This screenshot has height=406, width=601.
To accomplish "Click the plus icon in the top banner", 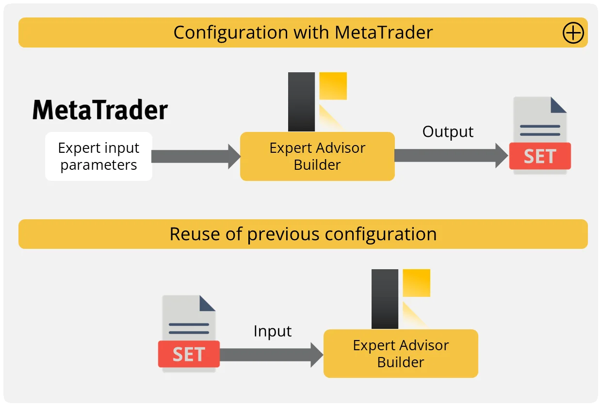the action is [x=573, y=32].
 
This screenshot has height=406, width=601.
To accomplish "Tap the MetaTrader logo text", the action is [x=100, y=110].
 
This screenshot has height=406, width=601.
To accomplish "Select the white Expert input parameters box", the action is [x=99, y=156].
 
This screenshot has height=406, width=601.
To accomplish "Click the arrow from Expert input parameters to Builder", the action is [x=196, y=157].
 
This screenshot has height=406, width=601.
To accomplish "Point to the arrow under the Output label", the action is [x=451, y=156].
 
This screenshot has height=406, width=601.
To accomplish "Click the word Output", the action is [x=448, y=132].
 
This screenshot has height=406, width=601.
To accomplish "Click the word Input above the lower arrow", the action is [x=272, y=331].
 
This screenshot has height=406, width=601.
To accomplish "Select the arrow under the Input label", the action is [x=272, y=355].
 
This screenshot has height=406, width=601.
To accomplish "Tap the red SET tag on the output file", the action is [x=540, y=156].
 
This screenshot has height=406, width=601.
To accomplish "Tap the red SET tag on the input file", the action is [x=189, y=354].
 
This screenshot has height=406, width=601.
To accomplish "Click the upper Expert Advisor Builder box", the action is [x=317, y=156].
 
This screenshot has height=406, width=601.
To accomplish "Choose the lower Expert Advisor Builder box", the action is [x=401, y=354].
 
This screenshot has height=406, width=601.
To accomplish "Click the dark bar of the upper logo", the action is [x=301, y=102].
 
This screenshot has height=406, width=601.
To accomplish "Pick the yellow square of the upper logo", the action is [x=333, y=86].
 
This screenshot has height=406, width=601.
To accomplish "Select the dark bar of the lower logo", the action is [x=385, y=299].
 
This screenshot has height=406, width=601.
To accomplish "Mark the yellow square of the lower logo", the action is [x=416, y=283].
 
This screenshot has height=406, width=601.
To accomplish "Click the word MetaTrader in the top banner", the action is [x=384, y=32].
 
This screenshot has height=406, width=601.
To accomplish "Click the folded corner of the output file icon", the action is [x=558, y=105].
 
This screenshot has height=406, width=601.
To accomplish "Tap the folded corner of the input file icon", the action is [x=207, y=303].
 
